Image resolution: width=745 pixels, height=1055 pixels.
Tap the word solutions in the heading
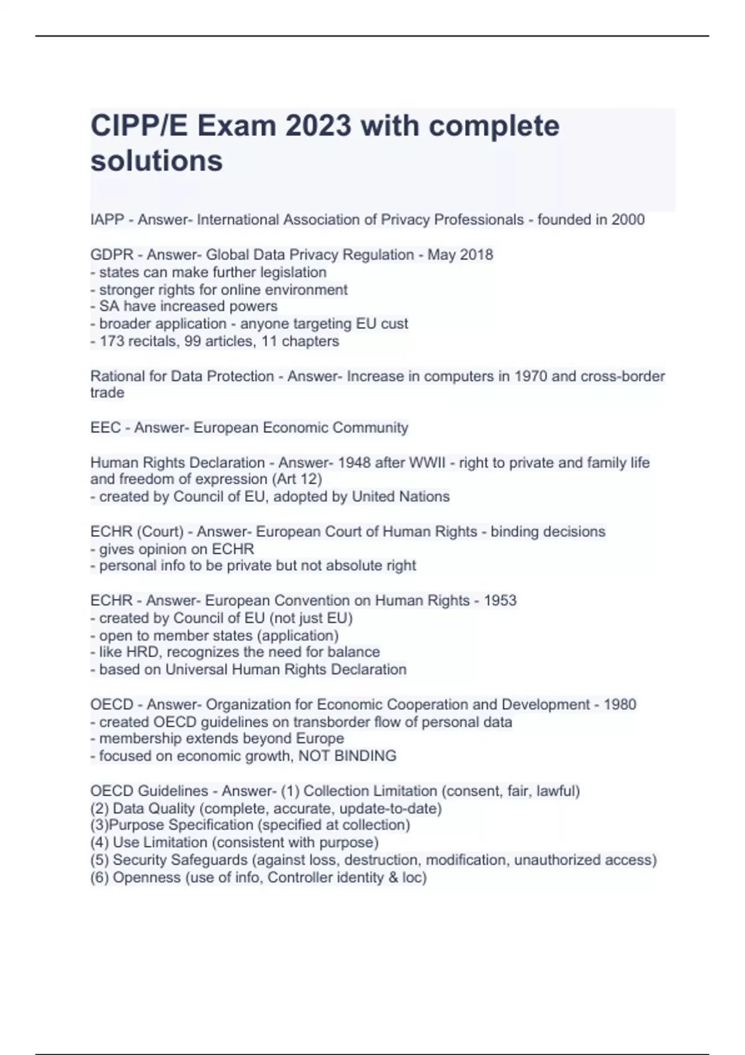pyautogui.click(x=156, y=161)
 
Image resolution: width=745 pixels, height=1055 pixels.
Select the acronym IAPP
pyautogui.click(x=107, y=220)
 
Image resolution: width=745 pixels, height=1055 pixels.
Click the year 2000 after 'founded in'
pyautogui.click(x=628, y=220)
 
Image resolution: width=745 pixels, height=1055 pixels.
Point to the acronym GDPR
pyautogui.click(x=112, y=255)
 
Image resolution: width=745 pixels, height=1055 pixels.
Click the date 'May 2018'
pyautogui.click(x=460, y=255)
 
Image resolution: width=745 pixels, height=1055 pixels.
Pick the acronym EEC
pyautogui.click(x=106, y=428)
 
